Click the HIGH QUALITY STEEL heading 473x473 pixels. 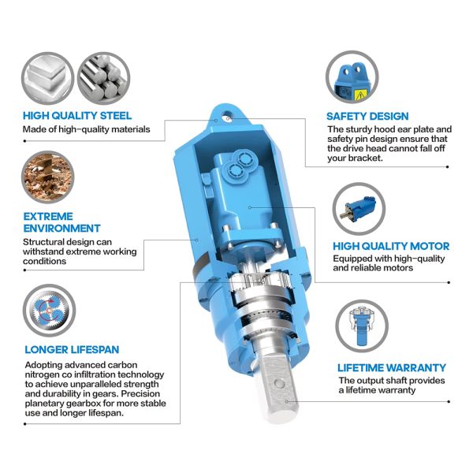point(77,115)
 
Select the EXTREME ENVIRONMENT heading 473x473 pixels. point(47,222)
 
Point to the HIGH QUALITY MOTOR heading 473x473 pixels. point(391,246)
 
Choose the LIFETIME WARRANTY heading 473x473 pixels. point(391,367)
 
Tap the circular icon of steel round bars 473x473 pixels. point(102,76)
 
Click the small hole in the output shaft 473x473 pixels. point(277,385)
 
